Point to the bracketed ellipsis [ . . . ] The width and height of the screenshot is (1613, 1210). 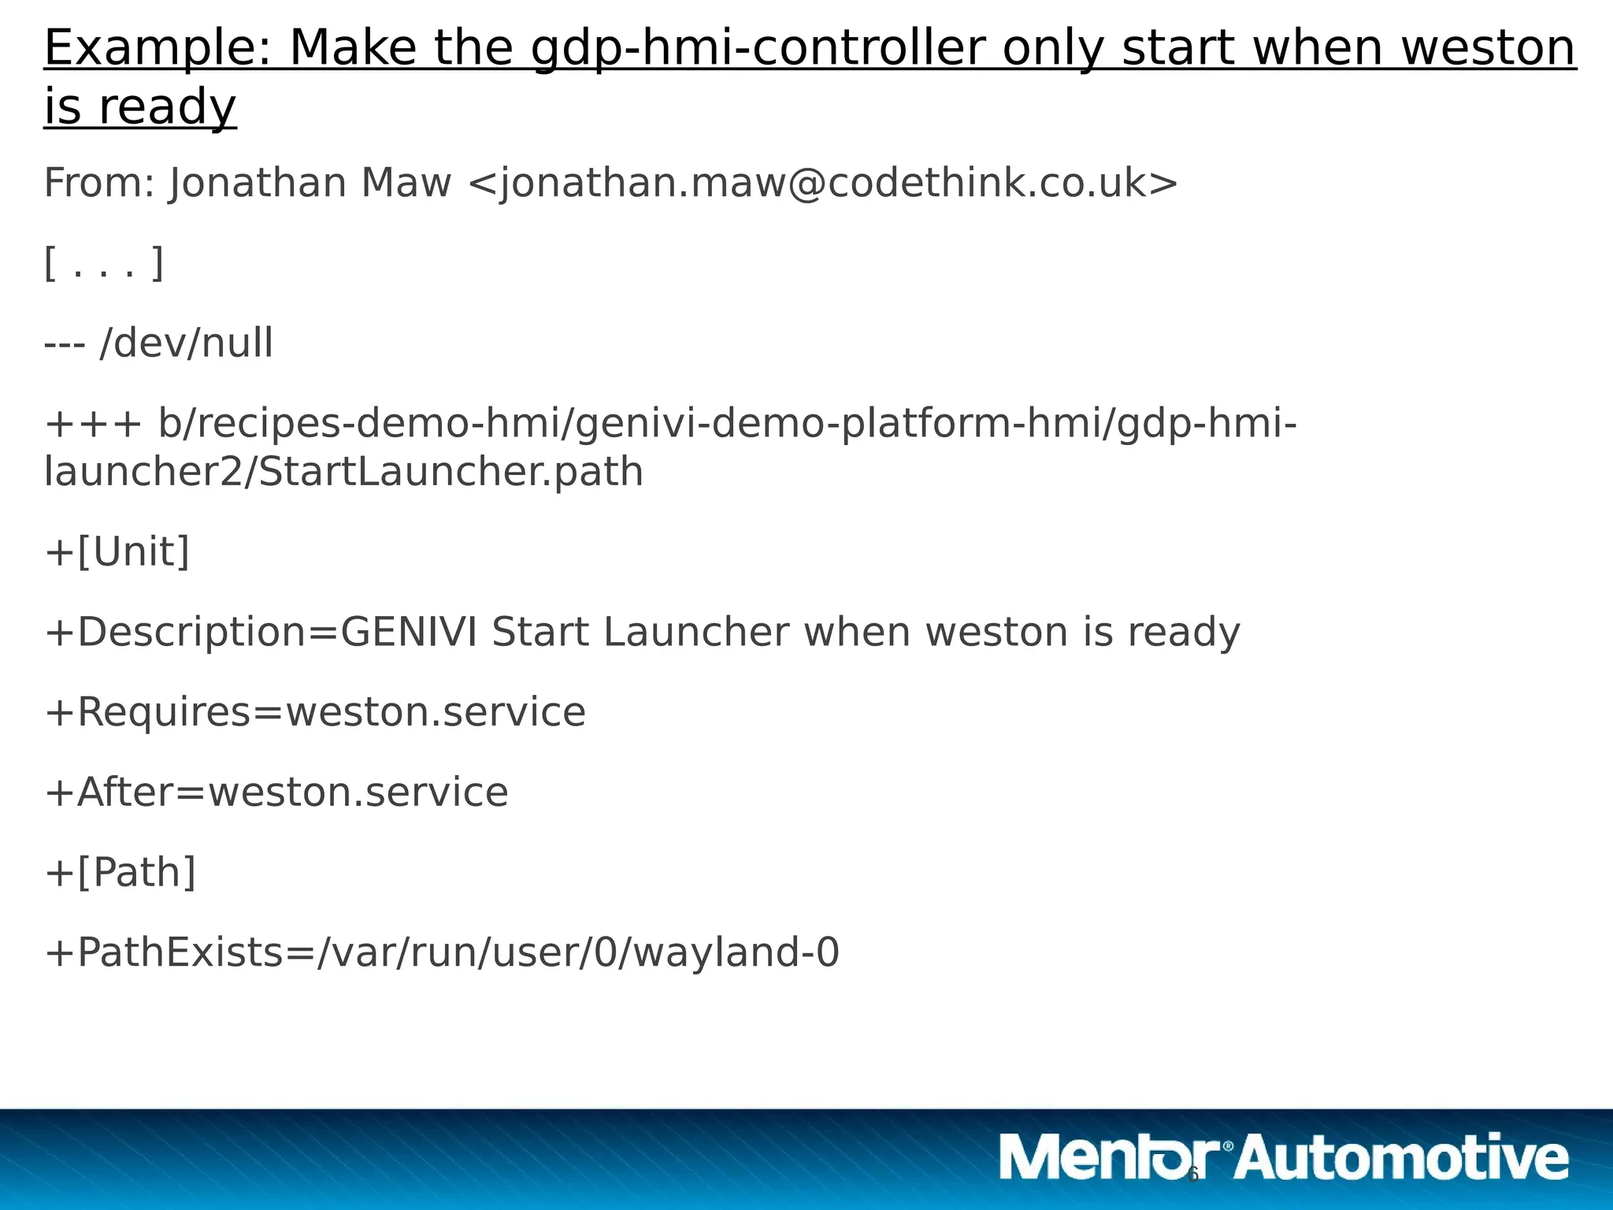pos(104,264)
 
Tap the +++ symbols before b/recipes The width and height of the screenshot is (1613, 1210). pos(93,424)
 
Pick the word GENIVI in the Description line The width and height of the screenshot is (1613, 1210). pos(409,632)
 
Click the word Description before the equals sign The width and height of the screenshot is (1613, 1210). pos(190,633)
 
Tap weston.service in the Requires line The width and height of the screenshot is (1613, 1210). pos(435,712)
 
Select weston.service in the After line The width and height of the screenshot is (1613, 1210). pos(358,792)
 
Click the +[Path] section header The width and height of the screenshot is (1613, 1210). pos(121,873)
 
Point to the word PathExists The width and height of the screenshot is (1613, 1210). pos(180,952)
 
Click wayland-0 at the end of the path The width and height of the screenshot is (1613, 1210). pos(736,952)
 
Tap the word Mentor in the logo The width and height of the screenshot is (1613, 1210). pos(1111,1157)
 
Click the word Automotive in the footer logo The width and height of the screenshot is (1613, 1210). pos(1402,1157)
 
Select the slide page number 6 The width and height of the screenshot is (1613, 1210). pos(1192,1175)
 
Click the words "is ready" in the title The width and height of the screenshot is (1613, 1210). pos(140,107)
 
